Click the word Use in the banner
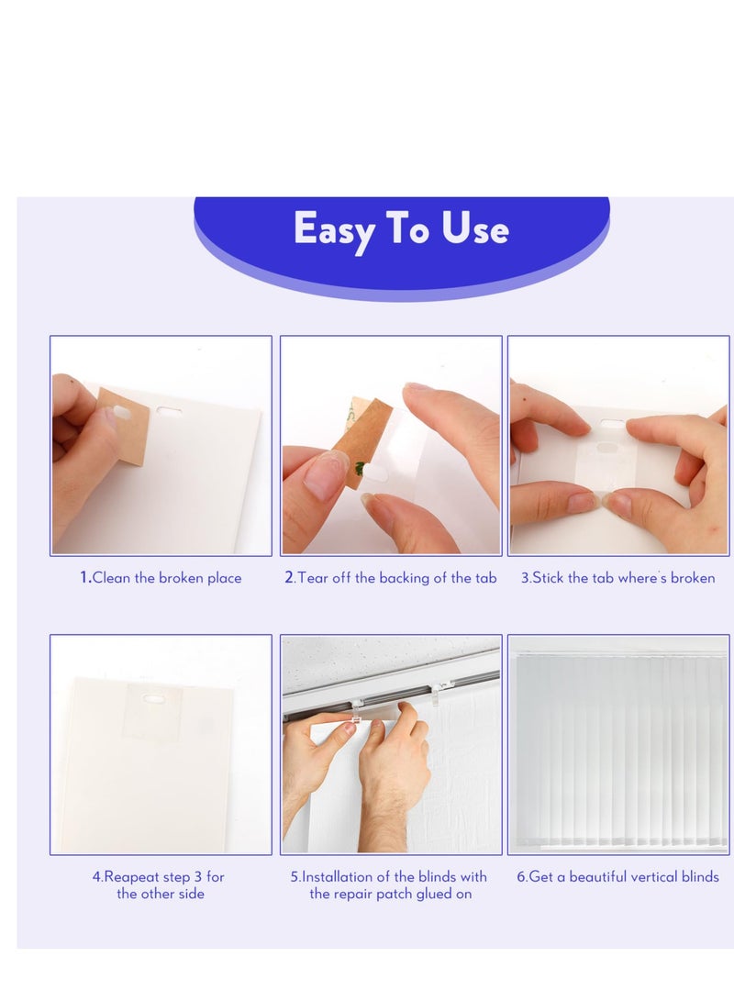475,229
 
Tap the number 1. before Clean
85,578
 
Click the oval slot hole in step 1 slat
170,412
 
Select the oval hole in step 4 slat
153,699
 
